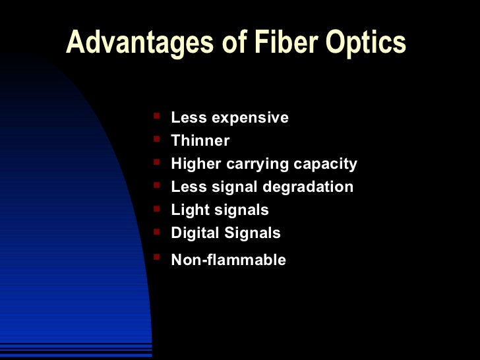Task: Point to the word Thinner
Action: pyautogui.click(x=200, y=140)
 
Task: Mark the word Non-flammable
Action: pyautogui.click(x=228, y=260)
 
